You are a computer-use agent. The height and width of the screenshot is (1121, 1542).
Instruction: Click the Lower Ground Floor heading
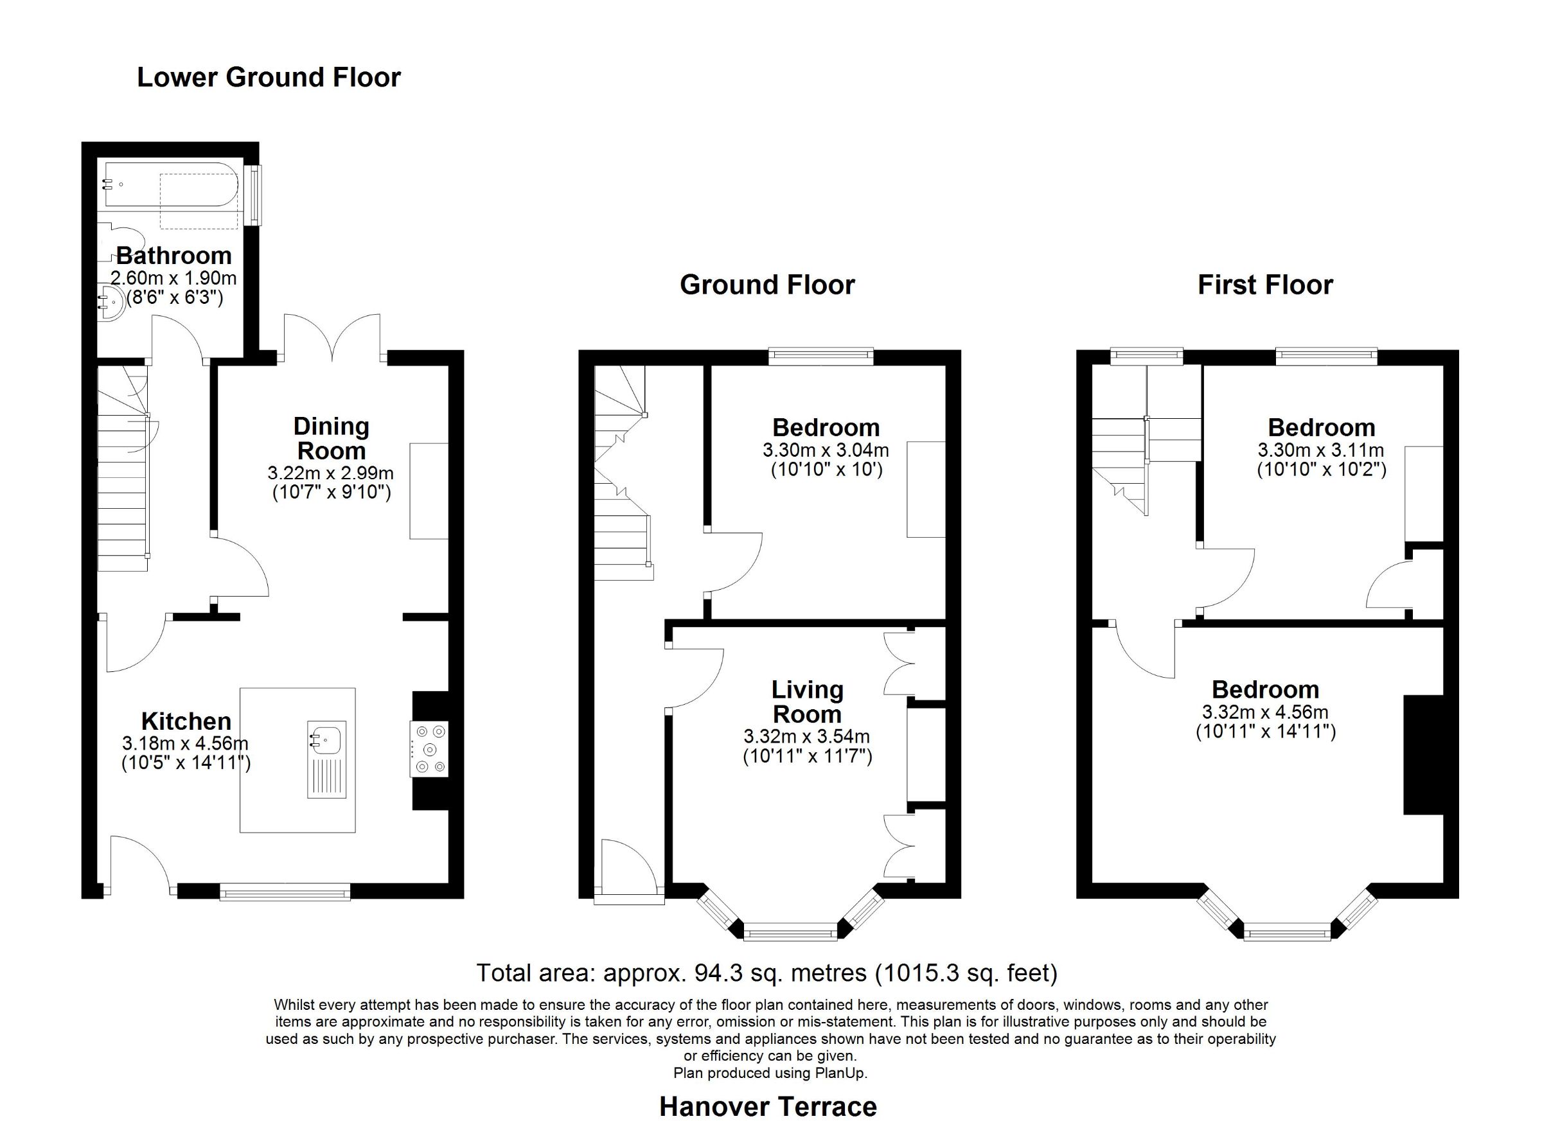(269, 78)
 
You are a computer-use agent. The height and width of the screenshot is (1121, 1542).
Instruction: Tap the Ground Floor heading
(767, 285)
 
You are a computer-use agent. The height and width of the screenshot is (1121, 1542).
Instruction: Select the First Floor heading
(1264, 285)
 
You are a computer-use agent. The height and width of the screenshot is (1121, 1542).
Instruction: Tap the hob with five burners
(430, 748)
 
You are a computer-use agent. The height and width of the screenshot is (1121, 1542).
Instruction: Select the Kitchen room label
(186, 721)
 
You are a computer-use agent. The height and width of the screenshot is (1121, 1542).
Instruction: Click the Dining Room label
(331, 439)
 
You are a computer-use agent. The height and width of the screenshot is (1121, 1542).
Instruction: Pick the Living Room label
(807, 702)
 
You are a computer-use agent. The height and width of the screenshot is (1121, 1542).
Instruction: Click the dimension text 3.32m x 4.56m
(1265, 712)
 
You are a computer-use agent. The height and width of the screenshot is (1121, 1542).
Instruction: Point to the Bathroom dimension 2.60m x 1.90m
(173, 278)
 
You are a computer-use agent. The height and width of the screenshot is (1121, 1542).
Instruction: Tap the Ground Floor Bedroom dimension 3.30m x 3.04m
(826, 450)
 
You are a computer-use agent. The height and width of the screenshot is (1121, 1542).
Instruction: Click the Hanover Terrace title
(768, 1107)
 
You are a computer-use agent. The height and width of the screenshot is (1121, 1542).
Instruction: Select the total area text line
(767, 973)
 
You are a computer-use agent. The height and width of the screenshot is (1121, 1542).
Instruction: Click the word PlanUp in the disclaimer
(842, 1073)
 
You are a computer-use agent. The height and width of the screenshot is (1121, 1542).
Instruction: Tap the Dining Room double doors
(332, 337)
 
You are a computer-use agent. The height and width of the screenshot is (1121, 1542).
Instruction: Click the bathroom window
(254, 195)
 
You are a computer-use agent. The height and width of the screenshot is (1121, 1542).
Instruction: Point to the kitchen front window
(285, 891)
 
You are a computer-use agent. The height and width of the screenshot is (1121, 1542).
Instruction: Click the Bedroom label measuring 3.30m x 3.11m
(1321, 428)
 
